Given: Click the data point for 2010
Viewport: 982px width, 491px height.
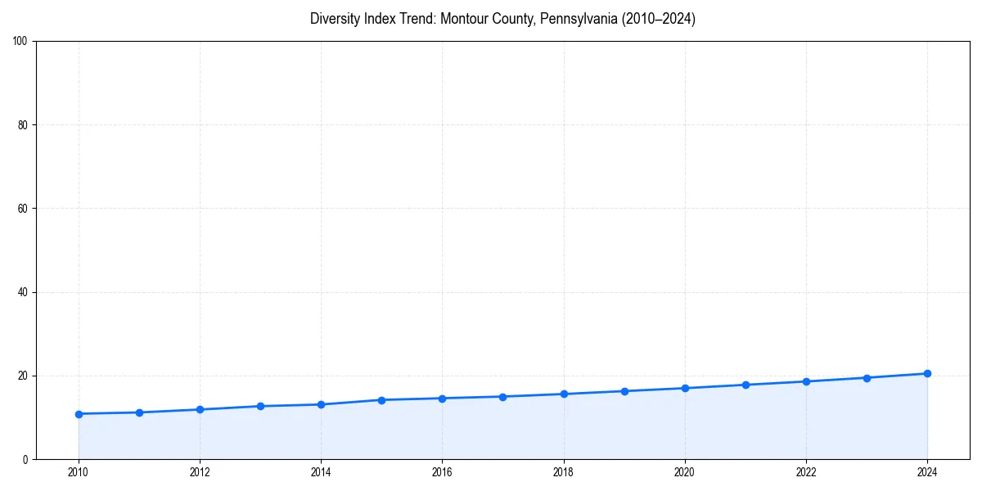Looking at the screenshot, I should (x=79, y=414).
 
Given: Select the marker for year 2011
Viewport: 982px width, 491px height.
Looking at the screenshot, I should (x=139, y=412).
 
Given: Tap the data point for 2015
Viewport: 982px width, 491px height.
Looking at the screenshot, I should (x=381, y=400).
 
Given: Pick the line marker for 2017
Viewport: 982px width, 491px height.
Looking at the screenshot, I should (x=502, y=397).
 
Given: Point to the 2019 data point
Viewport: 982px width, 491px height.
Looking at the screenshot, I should (x=624, y=391).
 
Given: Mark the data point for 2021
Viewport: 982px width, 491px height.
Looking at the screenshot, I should (x=746, y=385).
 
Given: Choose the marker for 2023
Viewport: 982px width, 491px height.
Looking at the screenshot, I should (x=867, y=378).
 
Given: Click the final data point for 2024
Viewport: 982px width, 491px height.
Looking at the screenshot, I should (x=927, y=374).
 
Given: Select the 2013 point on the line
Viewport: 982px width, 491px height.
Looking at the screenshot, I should (x=260, y=406).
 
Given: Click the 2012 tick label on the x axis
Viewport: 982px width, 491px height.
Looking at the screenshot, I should (x=200, y=472).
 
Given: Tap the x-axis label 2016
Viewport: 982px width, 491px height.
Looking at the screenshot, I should (x=442, y=472).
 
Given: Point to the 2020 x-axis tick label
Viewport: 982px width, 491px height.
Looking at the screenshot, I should (x=685, y=472).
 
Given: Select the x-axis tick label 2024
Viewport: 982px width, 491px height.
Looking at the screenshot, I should (x=927, y=472).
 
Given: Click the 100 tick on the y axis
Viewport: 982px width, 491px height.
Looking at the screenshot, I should (x=20, y=42).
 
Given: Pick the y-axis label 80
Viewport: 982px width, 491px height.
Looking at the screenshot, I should (x=23, y=125).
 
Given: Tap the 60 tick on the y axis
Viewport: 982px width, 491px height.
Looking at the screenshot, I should (x=23, y=209).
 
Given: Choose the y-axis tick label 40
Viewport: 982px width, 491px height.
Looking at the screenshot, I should (x=23, y=292).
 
